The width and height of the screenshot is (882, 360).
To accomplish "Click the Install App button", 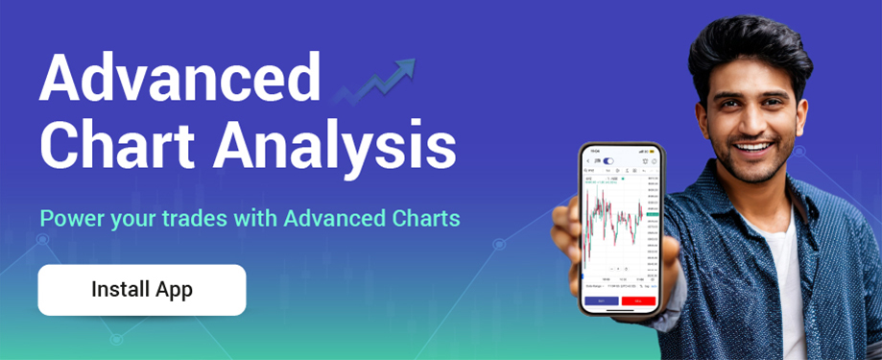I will pos(142,290).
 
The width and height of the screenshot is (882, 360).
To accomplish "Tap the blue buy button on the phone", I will pos(601,300).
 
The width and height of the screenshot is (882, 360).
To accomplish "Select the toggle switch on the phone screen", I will pos(608,160).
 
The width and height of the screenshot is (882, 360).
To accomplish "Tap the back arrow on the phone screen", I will pos(586,160).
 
